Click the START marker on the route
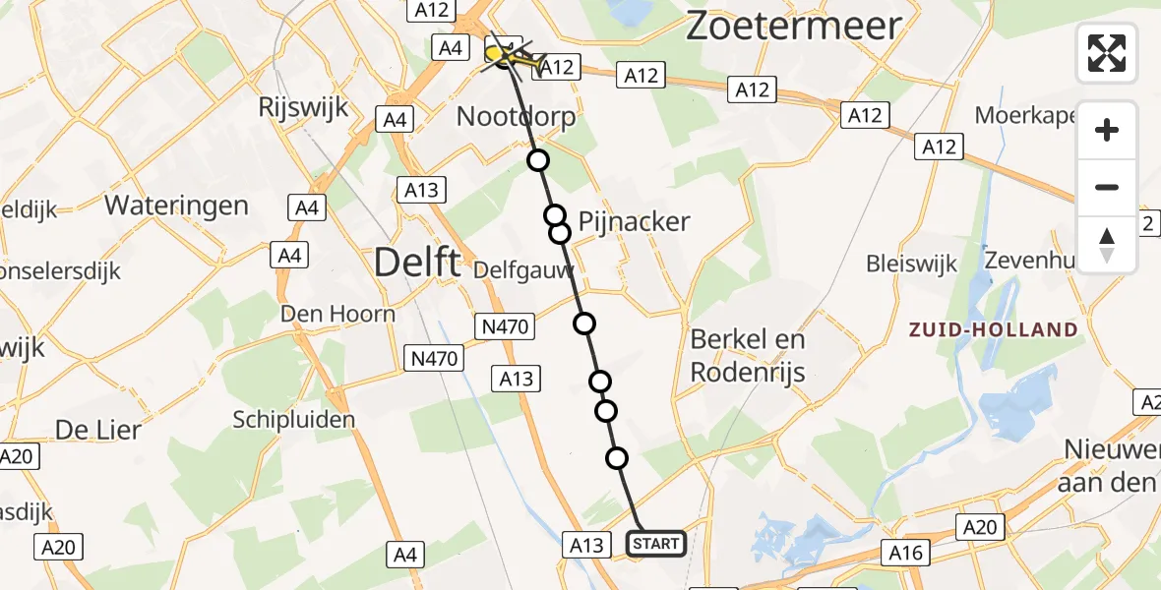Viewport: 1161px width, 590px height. pos(656,543)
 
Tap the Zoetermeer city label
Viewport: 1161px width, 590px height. pos(793,27)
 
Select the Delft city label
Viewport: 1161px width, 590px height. pos(418,263)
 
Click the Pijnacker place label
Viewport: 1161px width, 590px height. pos(634,221)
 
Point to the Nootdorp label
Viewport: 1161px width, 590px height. pos(516,118)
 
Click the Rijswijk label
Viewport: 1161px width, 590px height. pos(303,107)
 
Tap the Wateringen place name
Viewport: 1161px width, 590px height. pos(176,206)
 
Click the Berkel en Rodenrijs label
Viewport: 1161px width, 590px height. pos(748,355)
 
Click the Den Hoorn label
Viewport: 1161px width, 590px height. pos(337,315)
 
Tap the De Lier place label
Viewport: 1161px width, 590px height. pos(97,430)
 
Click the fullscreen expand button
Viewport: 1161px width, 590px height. pos(1107,52)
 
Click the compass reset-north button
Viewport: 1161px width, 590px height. pos(1107,245)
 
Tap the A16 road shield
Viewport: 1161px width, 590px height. pos(904,553)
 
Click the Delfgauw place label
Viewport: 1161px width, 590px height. pos(523,269)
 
